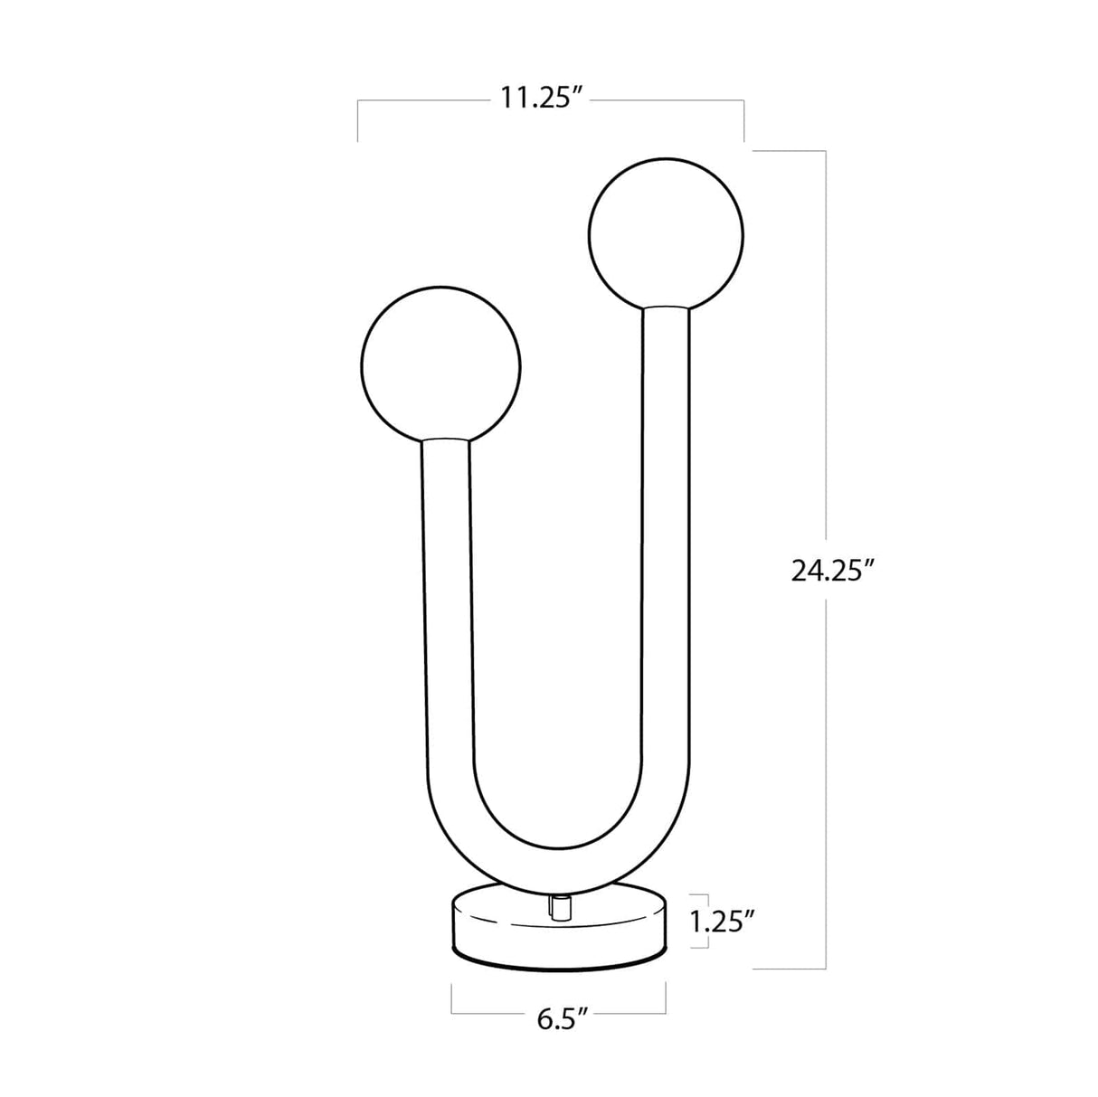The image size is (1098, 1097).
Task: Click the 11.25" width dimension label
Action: coord(540,98)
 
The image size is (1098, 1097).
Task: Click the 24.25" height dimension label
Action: coord(832,571)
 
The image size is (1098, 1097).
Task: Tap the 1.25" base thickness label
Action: coord(722,922)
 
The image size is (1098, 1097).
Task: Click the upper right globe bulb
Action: coord(666,233)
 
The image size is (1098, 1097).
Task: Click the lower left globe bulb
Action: coord(440,366)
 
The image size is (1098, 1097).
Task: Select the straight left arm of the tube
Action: coord(446,615)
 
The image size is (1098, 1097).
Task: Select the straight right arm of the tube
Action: coord(667,543)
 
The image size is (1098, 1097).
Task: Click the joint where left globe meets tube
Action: coord(446,441)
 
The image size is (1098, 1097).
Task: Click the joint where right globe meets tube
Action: coord(667,309)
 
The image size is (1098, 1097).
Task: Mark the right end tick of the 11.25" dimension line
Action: coord(744,122)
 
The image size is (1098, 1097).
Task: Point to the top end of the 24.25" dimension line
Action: coord(824,150)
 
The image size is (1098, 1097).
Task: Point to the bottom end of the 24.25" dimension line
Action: coord(824,969)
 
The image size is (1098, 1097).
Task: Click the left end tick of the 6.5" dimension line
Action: coord(452,1000)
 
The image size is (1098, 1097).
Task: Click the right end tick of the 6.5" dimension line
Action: coord(667,1000)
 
